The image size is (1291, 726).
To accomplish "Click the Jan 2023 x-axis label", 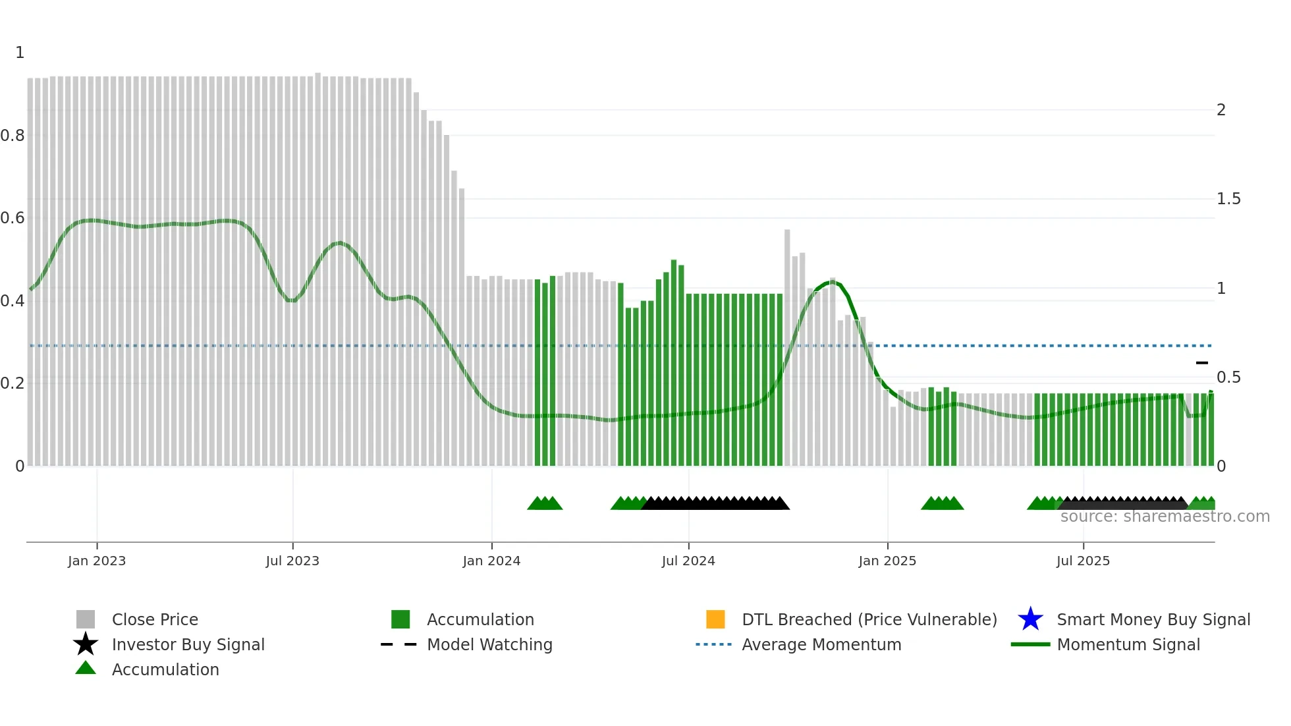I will (96, 561).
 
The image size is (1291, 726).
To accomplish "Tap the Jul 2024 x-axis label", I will (688, 561).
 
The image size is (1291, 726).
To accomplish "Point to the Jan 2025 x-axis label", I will (887, 561).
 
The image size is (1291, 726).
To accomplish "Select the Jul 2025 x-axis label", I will (1083, 561).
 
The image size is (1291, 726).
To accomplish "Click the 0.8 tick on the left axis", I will (13, 136).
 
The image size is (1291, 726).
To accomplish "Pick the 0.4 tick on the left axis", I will (13, 301).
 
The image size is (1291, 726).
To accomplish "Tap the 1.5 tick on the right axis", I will (1228, 199).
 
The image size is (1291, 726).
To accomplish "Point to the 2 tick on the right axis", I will (1221, 110).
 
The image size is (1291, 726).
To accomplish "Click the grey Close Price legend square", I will (86, 619).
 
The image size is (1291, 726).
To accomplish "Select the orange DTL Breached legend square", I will (715, 619).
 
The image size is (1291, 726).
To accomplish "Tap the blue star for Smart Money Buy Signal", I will (1030, 619).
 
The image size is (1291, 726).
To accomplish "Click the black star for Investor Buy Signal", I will (86, 644).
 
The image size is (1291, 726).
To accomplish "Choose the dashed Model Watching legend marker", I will (398, 644).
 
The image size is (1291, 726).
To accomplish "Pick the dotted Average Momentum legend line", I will (713, 644).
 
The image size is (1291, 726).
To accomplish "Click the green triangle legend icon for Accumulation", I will (86, 669).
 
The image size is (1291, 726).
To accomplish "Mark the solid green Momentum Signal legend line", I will (1030, 644).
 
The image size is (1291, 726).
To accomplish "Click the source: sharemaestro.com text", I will (1165, 517).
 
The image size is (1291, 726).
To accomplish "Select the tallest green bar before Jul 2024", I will (674, 362).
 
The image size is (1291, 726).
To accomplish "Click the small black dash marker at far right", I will (1202, 363).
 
